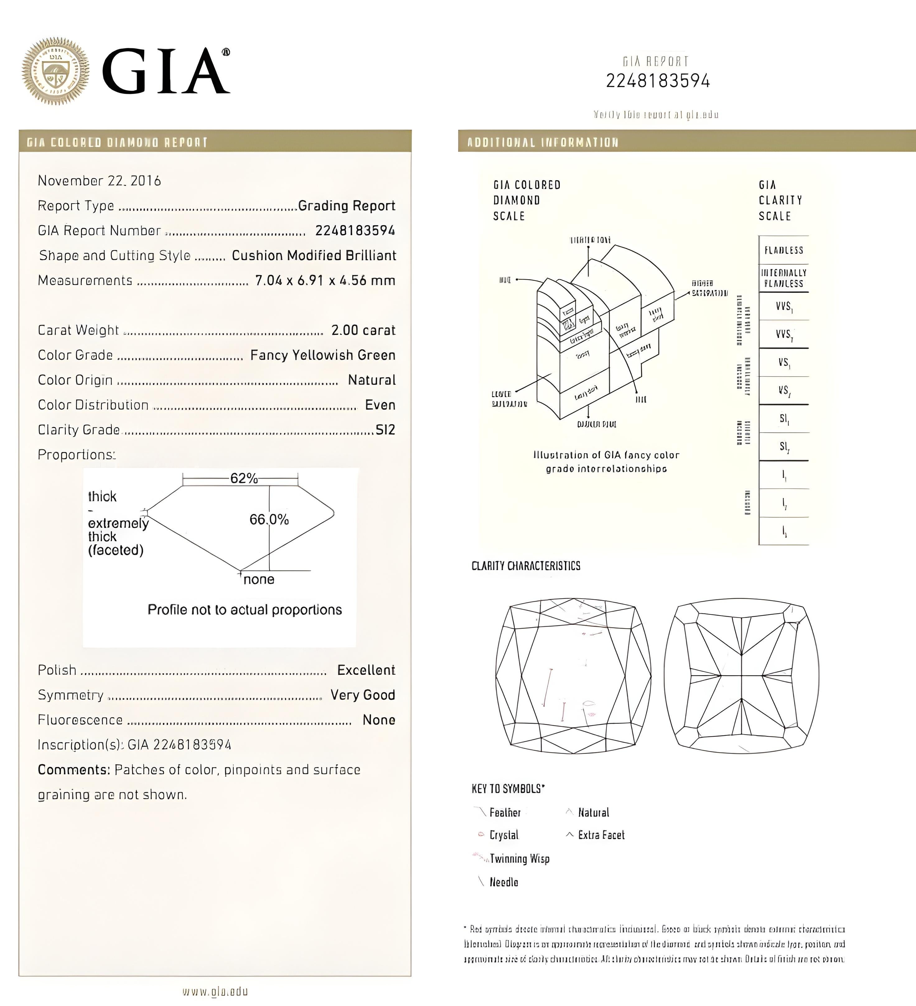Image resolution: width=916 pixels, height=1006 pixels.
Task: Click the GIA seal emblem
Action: [55, 71]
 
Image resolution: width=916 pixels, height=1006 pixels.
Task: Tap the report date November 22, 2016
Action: [99, 181]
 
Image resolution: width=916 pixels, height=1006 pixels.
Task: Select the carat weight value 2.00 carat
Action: [363, 330]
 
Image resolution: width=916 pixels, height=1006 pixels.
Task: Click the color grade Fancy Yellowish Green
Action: [322, 355]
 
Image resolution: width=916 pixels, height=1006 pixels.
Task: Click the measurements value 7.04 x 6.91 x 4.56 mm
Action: [325, 280]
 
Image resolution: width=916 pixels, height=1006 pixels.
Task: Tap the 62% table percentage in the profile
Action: [244, 478]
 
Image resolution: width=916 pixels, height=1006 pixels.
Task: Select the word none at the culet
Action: [259, 579]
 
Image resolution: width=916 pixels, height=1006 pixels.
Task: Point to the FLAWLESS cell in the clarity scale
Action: [783, 250]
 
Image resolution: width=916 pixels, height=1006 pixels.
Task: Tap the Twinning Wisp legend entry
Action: [519, 859]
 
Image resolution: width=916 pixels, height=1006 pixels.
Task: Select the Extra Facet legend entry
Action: [601, 835]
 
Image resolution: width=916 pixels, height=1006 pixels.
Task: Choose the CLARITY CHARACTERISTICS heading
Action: [526, 566]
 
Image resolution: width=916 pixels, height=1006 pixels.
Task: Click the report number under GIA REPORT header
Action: [657, 81]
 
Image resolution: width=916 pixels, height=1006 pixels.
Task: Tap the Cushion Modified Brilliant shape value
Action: [314, 256]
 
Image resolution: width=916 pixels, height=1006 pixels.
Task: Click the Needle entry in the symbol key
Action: [503, 882]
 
